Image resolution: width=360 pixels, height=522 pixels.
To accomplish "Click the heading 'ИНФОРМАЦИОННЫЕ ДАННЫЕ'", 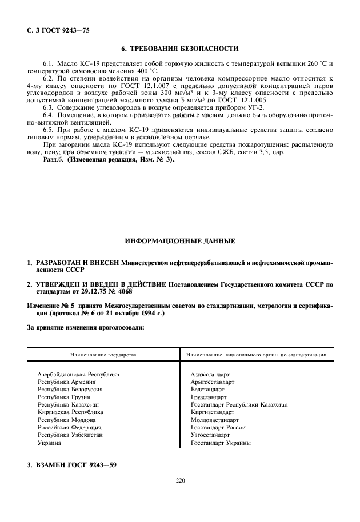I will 180,242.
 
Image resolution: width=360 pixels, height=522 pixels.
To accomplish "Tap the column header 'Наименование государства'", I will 103,355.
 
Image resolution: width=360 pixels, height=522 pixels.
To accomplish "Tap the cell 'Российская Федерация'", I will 69,427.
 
